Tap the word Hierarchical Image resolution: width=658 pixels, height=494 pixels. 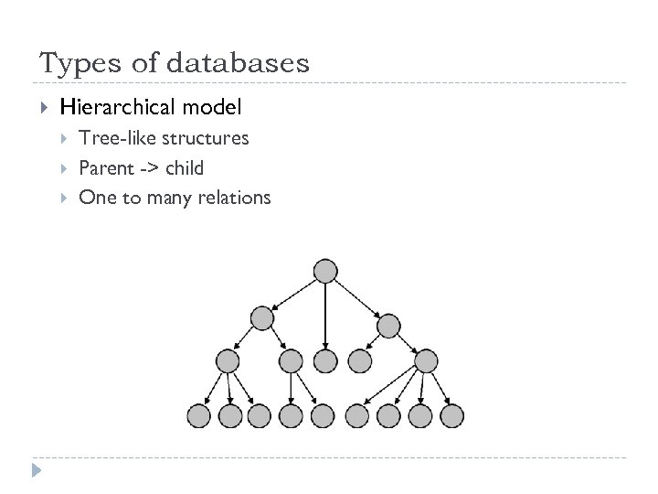click(x=118, y=108)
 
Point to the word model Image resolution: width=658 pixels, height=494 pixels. click(x=212, y=108)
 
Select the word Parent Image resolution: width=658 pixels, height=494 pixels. click(x=104, y=167)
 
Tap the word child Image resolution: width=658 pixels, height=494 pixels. click(x=185, y=167)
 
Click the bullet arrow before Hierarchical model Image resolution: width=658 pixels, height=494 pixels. click(x=43, y=108)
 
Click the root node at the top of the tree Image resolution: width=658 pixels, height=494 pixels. click(x=325, y=271)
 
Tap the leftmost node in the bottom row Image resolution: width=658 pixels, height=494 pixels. click(x=199, y=416)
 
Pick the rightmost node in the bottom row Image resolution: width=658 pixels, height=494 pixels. click(x=451, y=416)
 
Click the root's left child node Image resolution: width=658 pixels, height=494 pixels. click(x=262, y=318)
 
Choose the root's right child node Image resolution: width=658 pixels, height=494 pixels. click(x=388, y=325)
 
